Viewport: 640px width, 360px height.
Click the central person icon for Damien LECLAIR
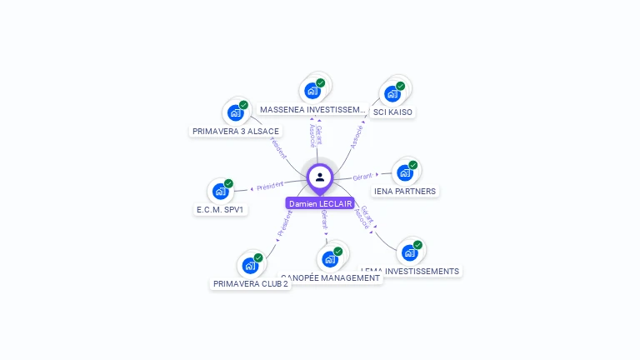(x=320, y=177)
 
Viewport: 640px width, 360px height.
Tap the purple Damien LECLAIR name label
(x=320, y=203)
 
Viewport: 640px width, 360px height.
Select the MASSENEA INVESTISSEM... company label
(x=312, y=109)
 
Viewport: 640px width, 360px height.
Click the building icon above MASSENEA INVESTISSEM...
(x=312, y=91)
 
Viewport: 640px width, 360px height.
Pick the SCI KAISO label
(x=392, y=112)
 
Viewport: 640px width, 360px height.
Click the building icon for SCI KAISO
(x=392, y=93)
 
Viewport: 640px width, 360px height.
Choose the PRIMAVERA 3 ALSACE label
(x=236, y=131)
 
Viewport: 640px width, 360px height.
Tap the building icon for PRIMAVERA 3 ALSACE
(x=236, y=112)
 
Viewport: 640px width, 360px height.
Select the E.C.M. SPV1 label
(x=220, y=210)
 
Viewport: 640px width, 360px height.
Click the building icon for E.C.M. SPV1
(x=221, y=192)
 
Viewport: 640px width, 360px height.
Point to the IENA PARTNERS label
(x=405, y=191)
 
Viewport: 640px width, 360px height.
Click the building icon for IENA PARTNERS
(x=405, y=172)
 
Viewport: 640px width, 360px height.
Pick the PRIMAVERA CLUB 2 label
(x=251, y=283)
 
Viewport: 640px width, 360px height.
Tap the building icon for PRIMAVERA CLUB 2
(x=251, y=266)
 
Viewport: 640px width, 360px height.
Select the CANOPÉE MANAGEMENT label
(x=331, y=278)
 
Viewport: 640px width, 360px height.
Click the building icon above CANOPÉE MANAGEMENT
(x=331, y=259)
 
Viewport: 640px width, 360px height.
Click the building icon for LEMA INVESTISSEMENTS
(x=410, y=252)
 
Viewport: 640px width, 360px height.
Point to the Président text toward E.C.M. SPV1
(x=270, y=185)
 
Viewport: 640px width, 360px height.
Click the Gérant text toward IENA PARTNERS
(x=362, y=177)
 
